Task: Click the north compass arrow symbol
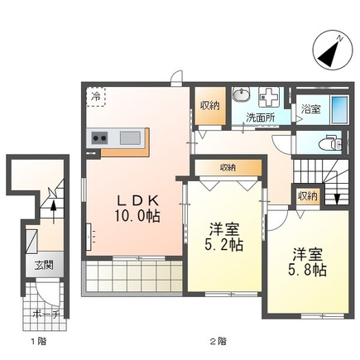click(329, 50)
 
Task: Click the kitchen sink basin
click(129, 137)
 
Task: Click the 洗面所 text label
click(260, 117)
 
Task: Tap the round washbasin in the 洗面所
click(241, 95)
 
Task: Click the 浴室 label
click(310, 108)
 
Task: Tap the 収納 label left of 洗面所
click(209, 105)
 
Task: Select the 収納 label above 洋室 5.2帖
click(228, 167)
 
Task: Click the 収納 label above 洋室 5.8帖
click(307, 195)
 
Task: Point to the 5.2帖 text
click(226, 246)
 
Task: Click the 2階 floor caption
click(217, 342)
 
